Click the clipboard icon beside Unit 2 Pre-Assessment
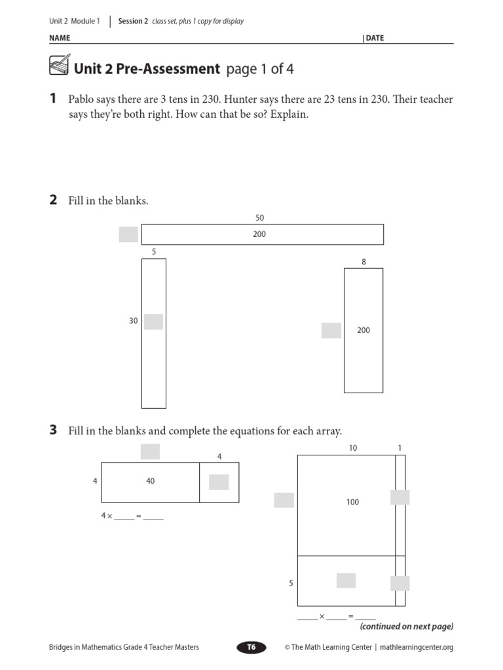coord(58,67)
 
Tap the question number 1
coord(53,99)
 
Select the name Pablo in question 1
coord(83,99)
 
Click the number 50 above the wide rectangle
coord(260,218)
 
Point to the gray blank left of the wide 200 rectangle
coord(128,234)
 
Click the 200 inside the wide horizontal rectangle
coord(259,234)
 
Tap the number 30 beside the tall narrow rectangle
coord(134,321)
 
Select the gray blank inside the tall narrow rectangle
coord(153,321)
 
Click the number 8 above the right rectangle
coord(363,262)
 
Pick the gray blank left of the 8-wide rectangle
coord(331,330)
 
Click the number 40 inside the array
coord(150,481)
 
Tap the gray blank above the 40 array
coord(150,451)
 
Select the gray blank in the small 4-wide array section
coord(219,482)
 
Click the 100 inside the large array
coord(353,502)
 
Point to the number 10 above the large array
coord(353,448)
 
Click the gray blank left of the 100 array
coord(284,500)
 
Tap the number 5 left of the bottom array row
coord(291,582)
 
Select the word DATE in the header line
coord(375,38)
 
